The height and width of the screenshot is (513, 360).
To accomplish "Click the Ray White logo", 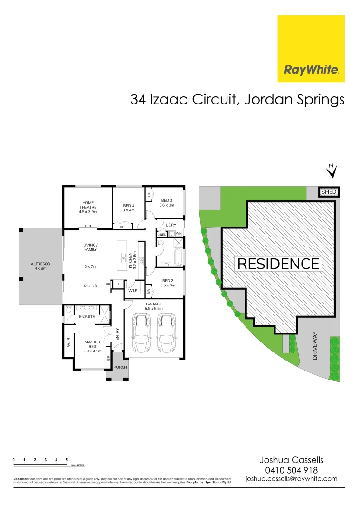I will point(311,48).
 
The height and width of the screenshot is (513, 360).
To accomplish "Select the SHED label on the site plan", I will point(329,192).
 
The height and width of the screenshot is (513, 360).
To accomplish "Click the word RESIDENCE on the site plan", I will point(278,264).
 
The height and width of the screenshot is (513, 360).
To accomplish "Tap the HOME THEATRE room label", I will point(88,207).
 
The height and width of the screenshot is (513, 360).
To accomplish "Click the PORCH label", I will point(117,367).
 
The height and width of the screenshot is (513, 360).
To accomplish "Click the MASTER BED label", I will point(92,344).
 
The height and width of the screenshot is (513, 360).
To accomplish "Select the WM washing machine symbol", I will point(179,234).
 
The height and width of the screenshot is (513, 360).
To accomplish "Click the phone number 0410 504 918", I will point(291,469).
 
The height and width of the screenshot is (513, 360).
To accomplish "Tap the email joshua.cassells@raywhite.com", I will point(291,479).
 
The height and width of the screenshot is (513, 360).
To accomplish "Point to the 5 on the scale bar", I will point(67,460).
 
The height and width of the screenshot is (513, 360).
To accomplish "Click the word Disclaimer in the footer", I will point(21,479).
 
